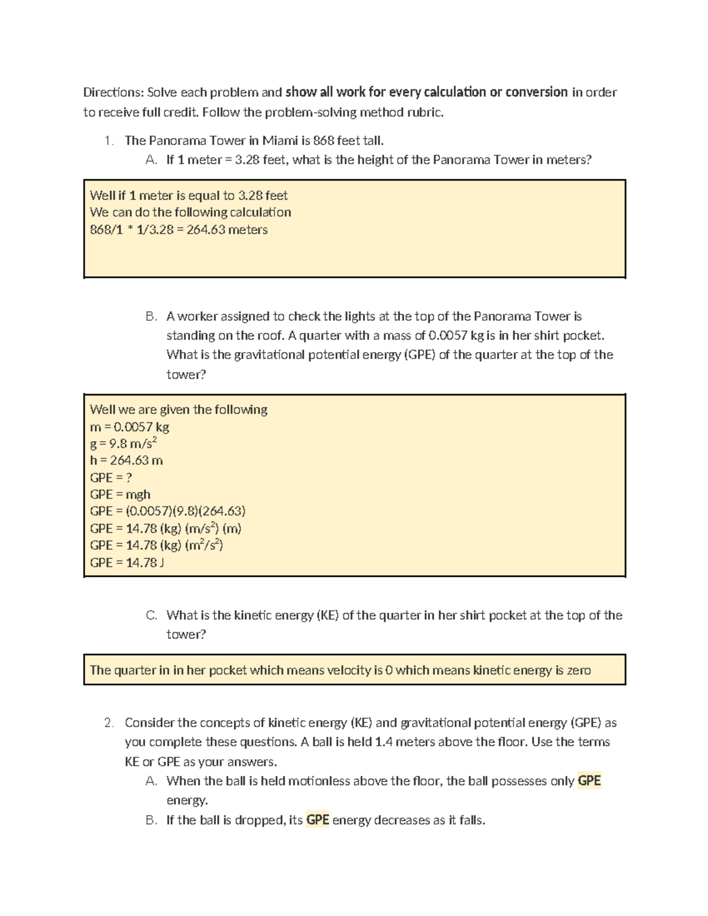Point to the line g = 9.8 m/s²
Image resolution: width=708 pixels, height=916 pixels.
(x=123, y=444)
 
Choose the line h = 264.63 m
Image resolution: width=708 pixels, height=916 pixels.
(x=126, y=460)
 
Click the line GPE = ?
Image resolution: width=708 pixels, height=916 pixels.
(x=111, y=477)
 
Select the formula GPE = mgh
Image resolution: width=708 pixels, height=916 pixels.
(x=120, y=494)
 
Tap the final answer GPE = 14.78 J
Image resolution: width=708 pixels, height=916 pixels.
(x=127, y=562)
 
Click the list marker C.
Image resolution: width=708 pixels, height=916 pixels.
(x=151, y=615)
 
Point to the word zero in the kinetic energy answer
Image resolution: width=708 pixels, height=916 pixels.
(x=579, y=670)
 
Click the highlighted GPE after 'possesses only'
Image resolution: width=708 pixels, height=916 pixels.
(x=589, y=781)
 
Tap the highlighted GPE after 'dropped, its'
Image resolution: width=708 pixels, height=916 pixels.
(x=317, y=820)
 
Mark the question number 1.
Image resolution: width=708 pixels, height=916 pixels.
(x=107, y=140)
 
